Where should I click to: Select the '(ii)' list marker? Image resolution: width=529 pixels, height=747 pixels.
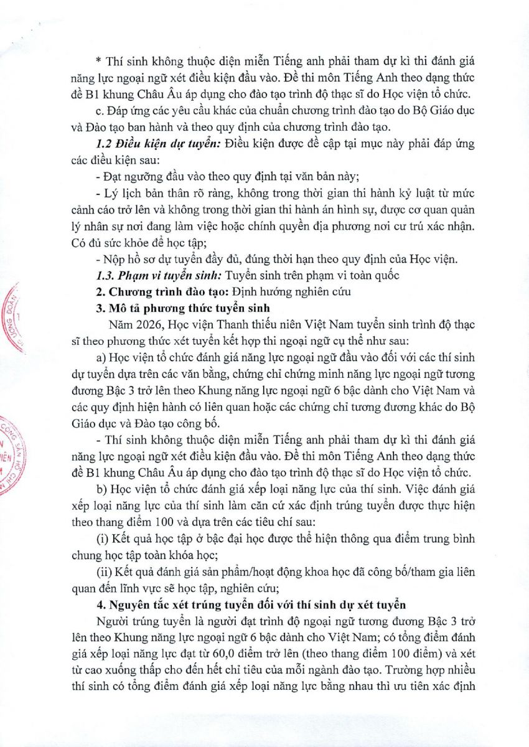[x=103, y=568]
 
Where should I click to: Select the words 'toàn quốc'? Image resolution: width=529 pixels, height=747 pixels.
[x=367, y=275]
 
